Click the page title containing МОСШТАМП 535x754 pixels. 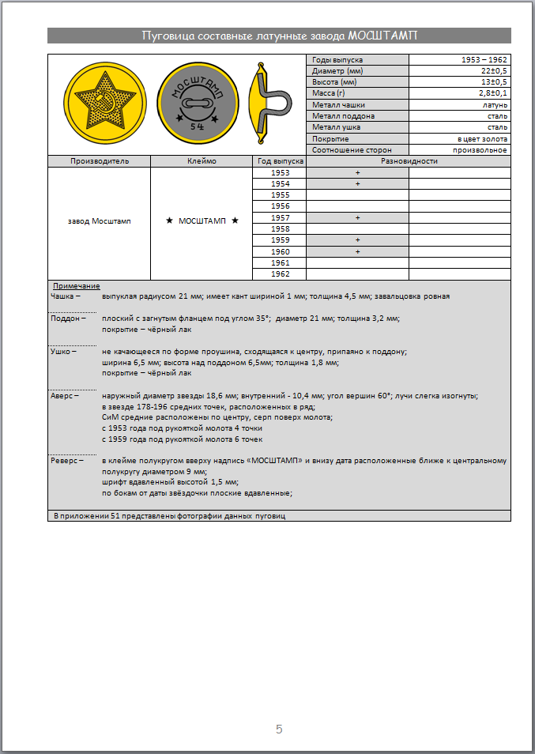pyautogui.click(x=279, y=36)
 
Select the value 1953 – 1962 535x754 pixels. pyautogui.click(x=484, y=60)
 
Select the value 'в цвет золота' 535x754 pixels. pyautogui.click(x=482, y=138)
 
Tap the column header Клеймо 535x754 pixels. pyautogui.click(x=201, y=161)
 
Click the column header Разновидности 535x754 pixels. pyautogui.click(x=409, y=161)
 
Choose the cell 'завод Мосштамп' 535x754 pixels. pyautogui.click(x=100, y=221)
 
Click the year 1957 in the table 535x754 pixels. pyautogui.click(x=280, y=217)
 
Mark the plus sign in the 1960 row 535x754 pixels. pyautogui.click(x=357, y=251)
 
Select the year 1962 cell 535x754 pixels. pyautogui.click(x=280, y=274)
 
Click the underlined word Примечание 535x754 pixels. pyautogui.click(x=76, y=285)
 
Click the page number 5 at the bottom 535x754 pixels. pyautogui.click(x=279, y=729)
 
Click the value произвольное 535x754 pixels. pyautogui.click(x=480, y=149)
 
